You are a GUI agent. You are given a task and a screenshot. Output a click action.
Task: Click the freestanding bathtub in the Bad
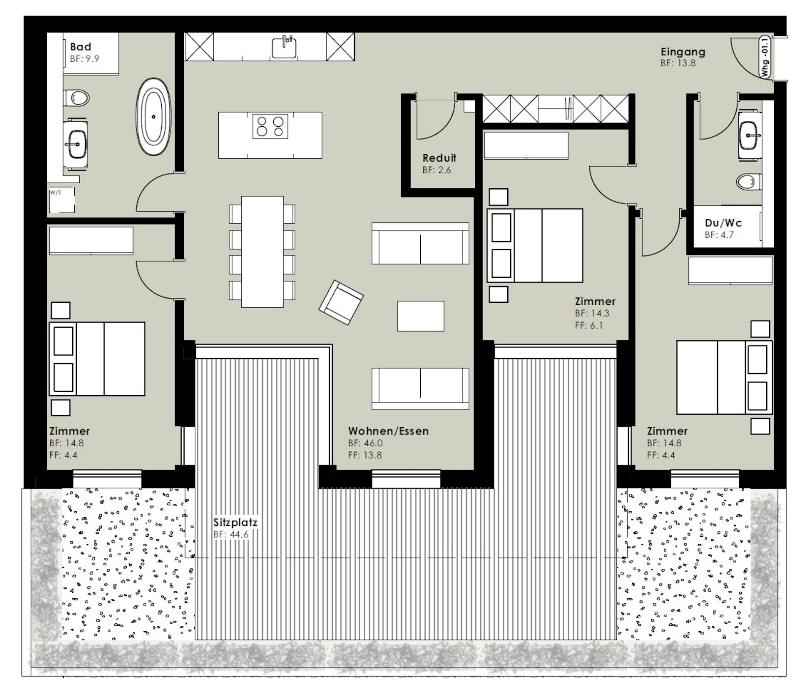coord(154,117)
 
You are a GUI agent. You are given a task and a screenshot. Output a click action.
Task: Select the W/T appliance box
coord(62,200)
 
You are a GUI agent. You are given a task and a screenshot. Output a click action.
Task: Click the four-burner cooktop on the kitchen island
coord(270,126)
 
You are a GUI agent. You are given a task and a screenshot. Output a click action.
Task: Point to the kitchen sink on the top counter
coord(284,46)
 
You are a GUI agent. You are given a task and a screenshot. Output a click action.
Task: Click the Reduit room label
coord(439,158)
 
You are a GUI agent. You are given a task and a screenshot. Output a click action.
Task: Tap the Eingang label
coord(683,52)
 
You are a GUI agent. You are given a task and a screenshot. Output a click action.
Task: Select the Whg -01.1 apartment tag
coord(765,57)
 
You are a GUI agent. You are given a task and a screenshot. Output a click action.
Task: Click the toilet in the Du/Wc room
coord(749,182)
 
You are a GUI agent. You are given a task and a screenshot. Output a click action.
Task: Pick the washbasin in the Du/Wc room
coord(750,136)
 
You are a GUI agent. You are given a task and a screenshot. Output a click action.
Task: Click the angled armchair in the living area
coord(341,302)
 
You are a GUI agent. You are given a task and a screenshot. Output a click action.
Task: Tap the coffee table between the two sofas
coord(421,316)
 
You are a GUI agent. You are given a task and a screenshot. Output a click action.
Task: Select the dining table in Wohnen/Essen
coord(262,252)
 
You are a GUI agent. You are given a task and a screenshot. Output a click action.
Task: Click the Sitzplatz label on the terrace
coord(235,522)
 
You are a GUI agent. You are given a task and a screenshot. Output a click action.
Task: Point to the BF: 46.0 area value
coord(365,443)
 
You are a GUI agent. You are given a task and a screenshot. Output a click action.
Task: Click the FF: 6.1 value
coord(589,325)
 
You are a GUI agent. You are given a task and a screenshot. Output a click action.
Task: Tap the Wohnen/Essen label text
coord(388,431)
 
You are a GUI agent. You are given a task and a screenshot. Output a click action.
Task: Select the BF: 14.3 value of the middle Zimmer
coord(592,313)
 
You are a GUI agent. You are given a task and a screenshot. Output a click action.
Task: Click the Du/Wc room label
coord(723,223)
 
